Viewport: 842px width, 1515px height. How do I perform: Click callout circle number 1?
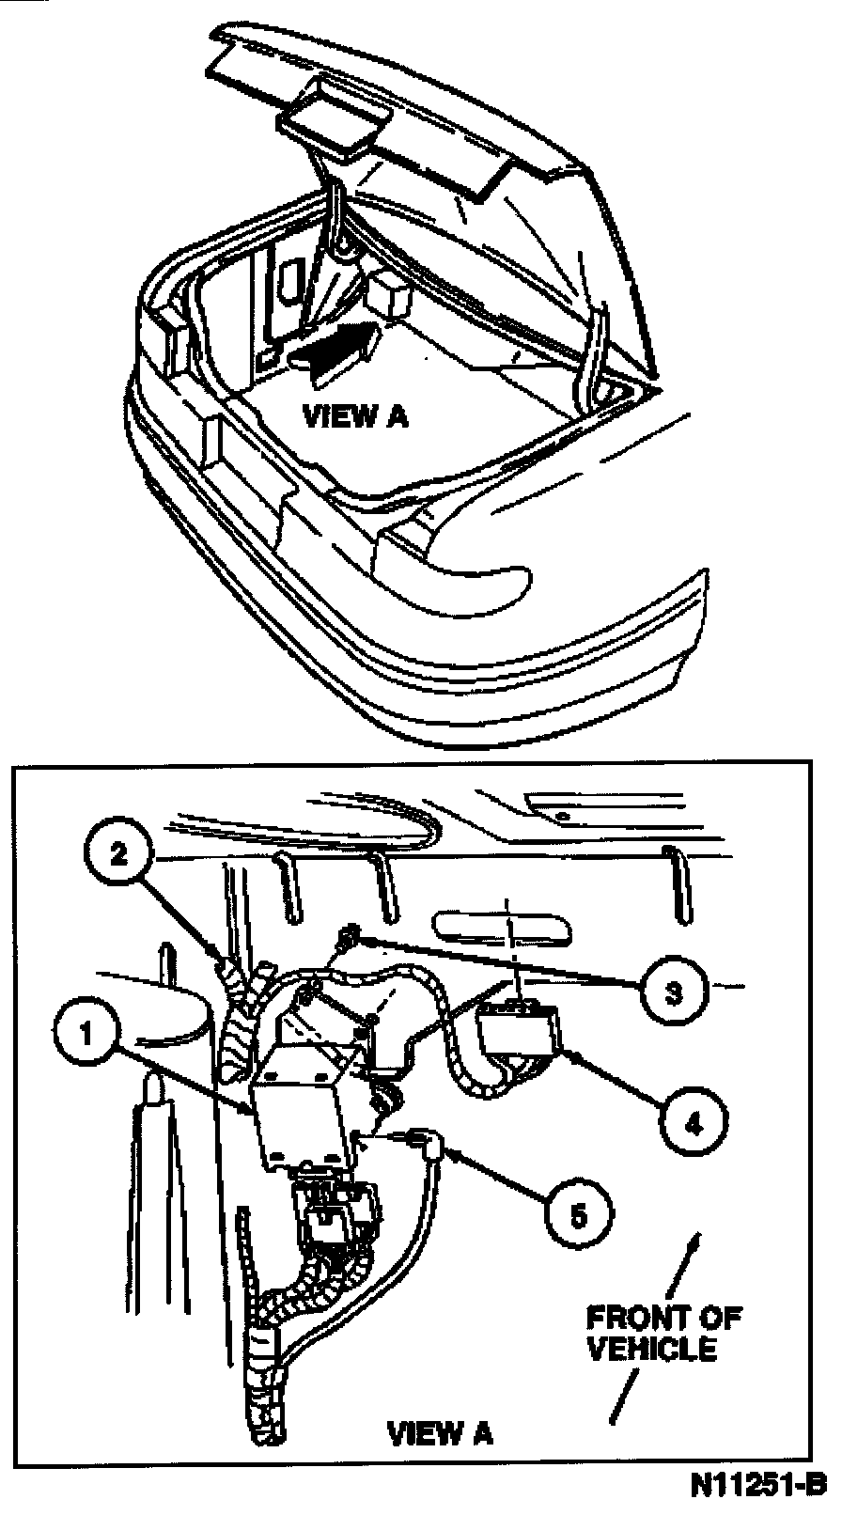pos(86,1035)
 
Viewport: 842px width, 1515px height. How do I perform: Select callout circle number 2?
pos(118,855)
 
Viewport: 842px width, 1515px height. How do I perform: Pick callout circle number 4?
pos(694,1122)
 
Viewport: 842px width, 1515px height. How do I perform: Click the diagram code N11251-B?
pos(757,1486)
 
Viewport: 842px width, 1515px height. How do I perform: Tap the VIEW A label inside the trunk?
pos(355,416)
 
